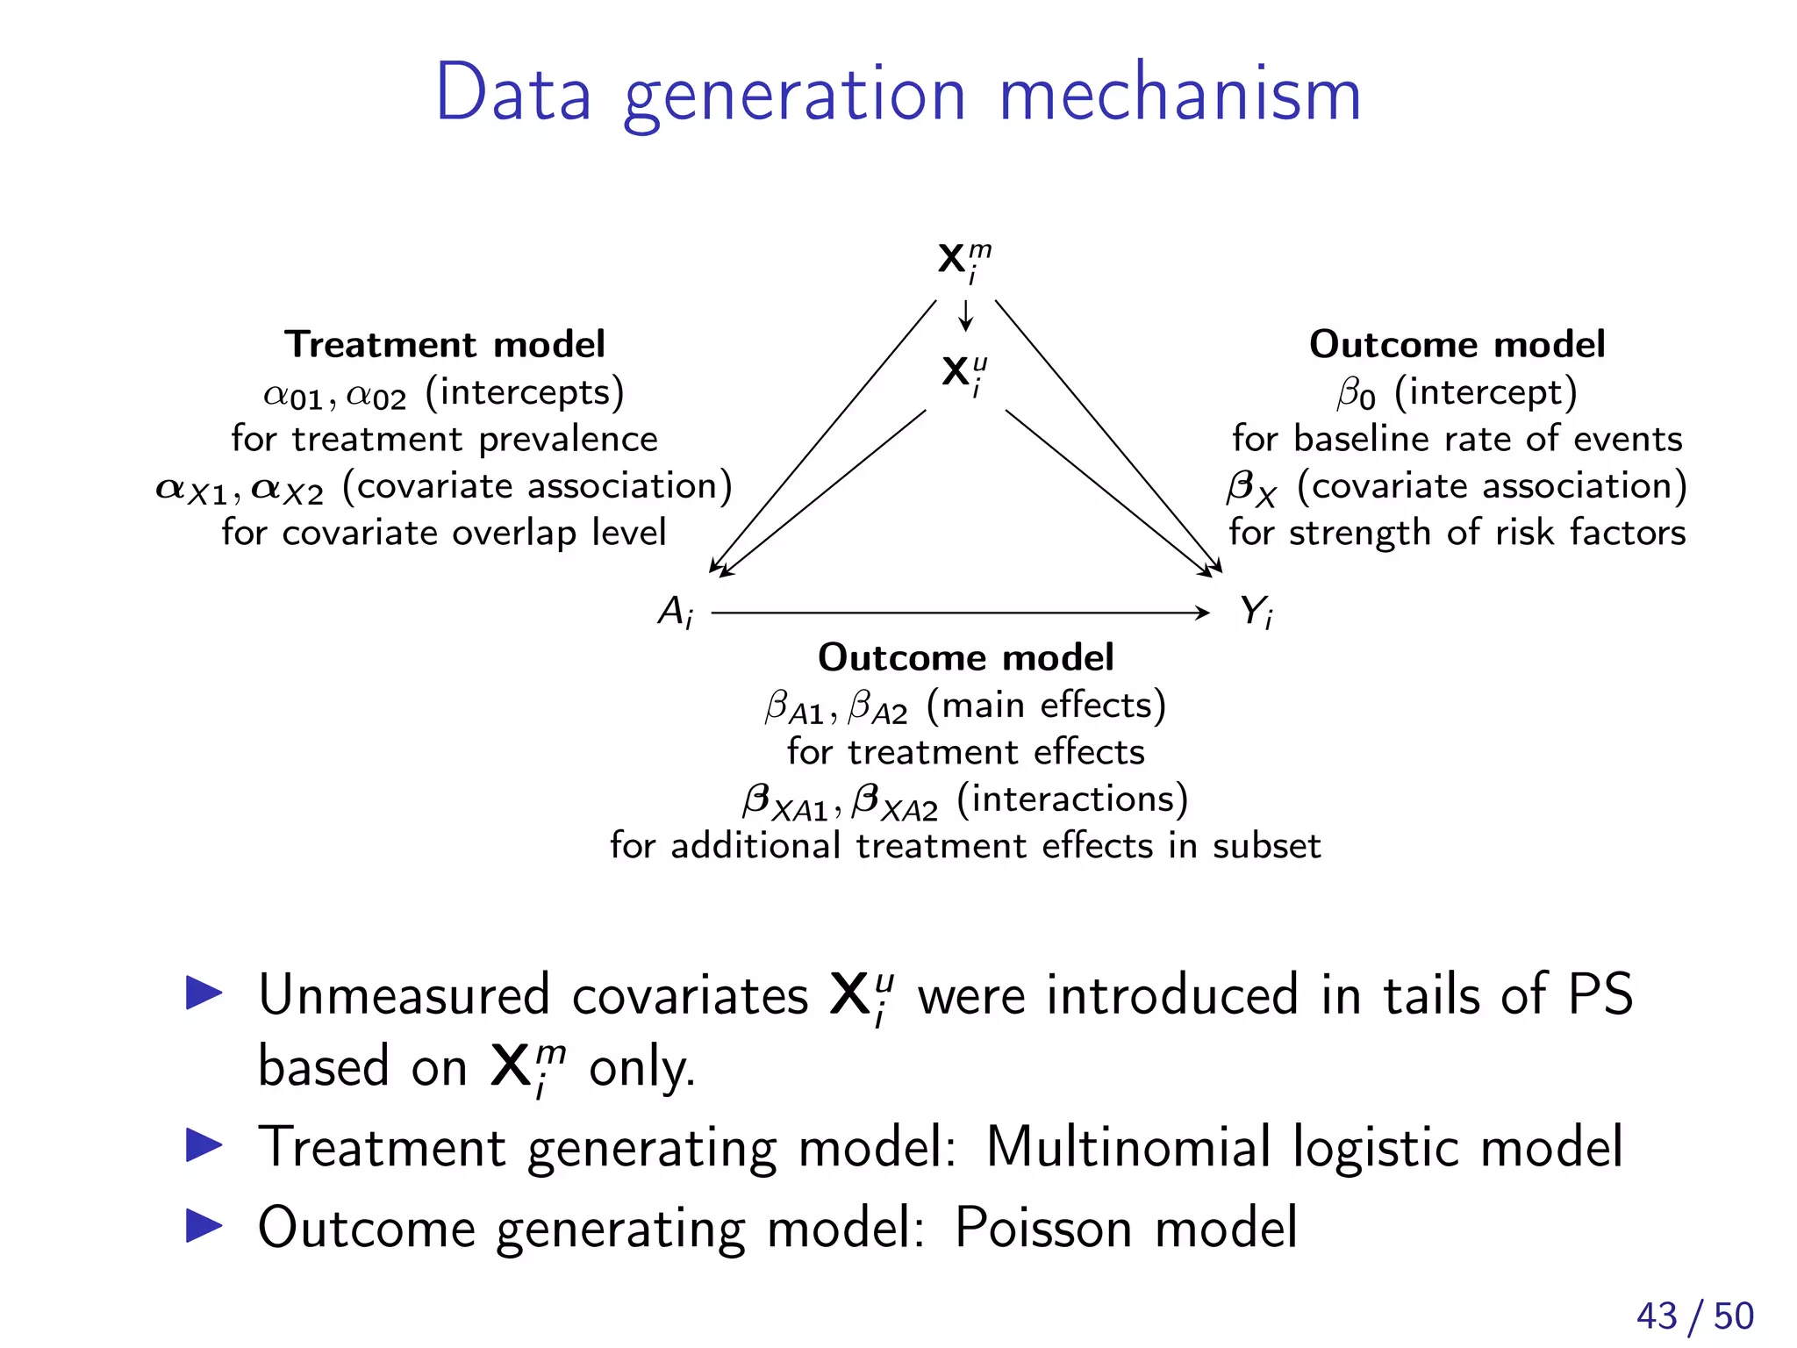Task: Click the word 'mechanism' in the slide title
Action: pyautogui.click(x=1180, y=94)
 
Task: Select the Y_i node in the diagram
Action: pyautogui.click(x=1256, y=612)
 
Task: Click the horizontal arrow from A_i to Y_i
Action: pyautogui.click(x=961, y=613)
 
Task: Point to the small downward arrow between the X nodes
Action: pyautogui.click(x=966, y=315)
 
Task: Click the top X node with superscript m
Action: pyautogui.click(x=963, y=261)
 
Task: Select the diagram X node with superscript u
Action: pyautogui.click(x=963, y=374)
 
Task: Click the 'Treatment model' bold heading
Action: pyautogui.click(x=444, y=344)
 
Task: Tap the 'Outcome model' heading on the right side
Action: pyautogui.click(x=1457, y=344)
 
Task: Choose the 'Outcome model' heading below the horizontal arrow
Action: pyautogui.click(x=965, y=657)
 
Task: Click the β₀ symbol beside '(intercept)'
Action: pyautogui.click(x=1356, y=393)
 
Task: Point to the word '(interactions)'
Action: pyautogui.click(x=1072, y=799)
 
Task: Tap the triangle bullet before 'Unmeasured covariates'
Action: pyautogui.click(x=204, y=993)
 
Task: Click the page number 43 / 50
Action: pyautogui.click(x=1694, y=1316)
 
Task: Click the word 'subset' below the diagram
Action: pyautogui.click(x=1266, y=846)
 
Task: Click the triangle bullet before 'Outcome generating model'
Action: pyautogui.click(x=204, y=1226)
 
